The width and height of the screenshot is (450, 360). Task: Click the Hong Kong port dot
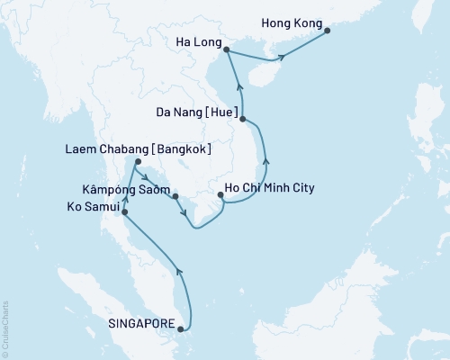(x=327, y=31)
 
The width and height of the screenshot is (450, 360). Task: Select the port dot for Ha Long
(x=225, y=50)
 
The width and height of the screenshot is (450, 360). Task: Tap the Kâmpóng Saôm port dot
(x=176, y=195)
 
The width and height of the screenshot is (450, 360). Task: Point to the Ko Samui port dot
(x=124, y=213)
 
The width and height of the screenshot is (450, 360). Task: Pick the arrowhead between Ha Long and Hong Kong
(x=283, y=56)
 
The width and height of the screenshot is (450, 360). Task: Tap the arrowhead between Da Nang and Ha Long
(x=238, y=85)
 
